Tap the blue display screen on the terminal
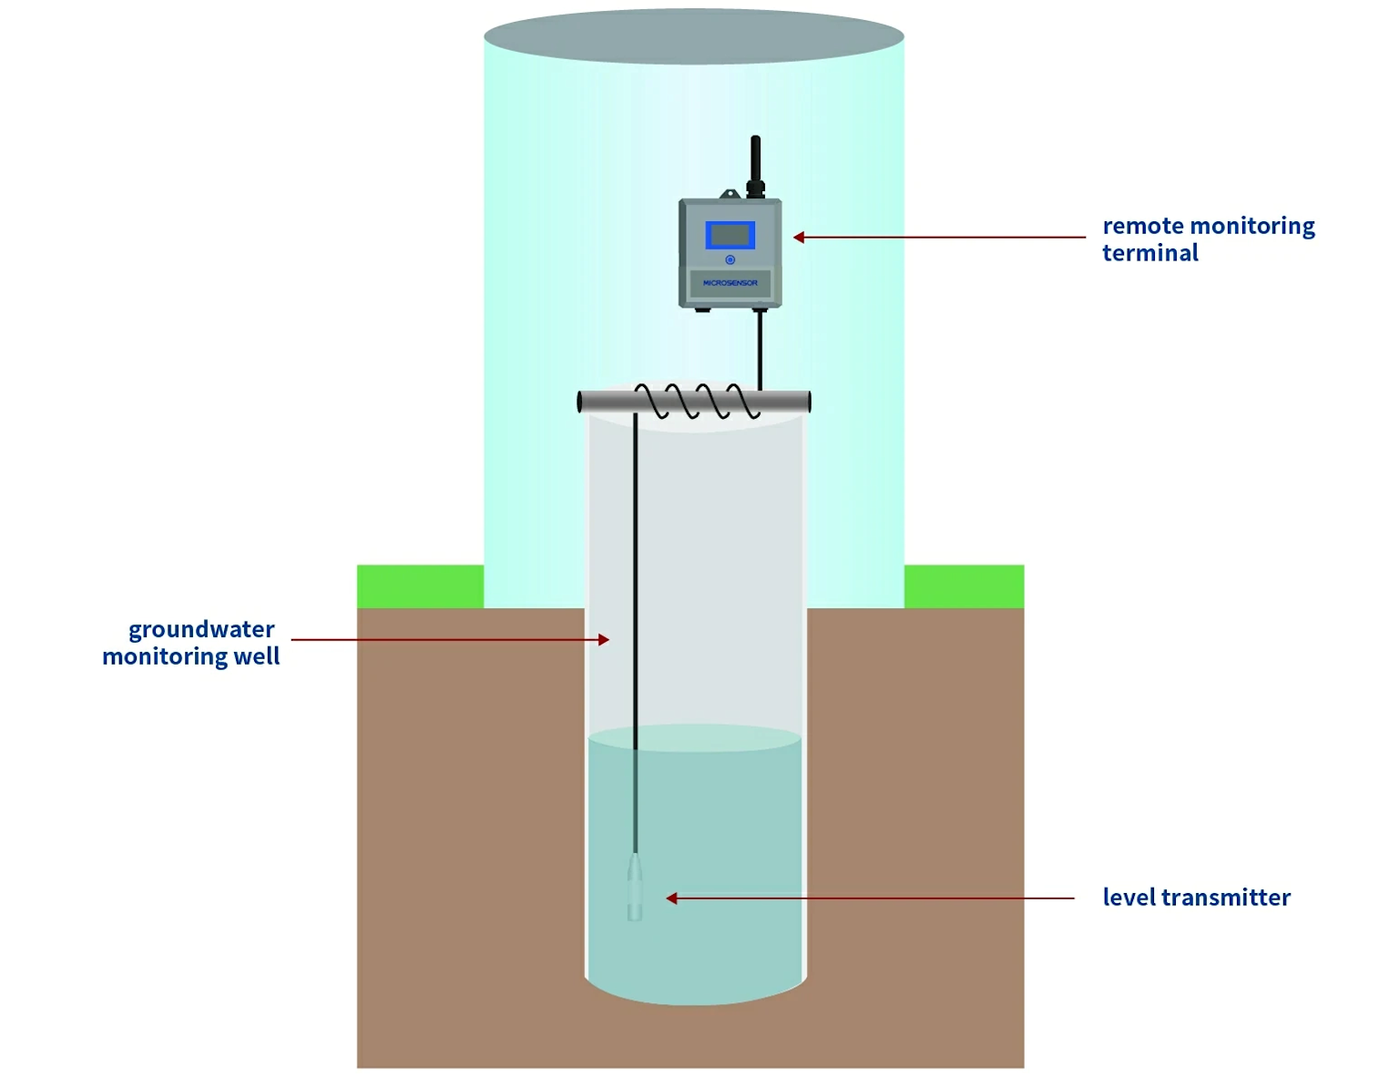click(x=730, y=235)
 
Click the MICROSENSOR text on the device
click(x=730, y=283)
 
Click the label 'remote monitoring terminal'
click(x=1208, y=239)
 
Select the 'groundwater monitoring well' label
click(x=190, y=643)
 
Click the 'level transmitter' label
click(x=1196, y=898)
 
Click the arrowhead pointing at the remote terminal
click(x=799, y=238)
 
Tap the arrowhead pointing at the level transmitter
click(x=672, y=899)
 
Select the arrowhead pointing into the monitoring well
click(x=603, y=640)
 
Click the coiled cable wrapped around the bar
click(x=697, y=401)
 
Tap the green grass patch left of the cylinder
click(x=420, y=586)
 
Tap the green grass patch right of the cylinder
click(x=964, y=586)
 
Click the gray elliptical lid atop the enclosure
click(x=693, y=36)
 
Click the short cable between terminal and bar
click(x=760, y=351)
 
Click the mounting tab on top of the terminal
click(x=729, y=194)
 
